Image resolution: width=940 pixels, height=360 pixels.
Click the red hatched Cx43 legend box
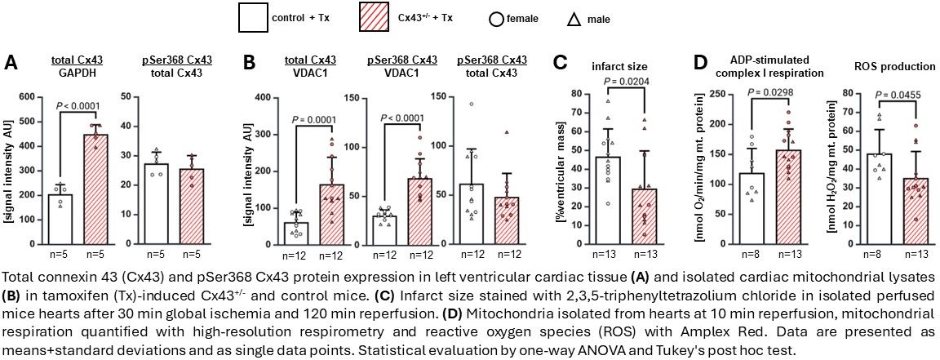pos(382,17)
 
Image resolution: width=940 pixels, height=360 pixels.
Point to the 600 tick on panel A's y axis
pos(28,98)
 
